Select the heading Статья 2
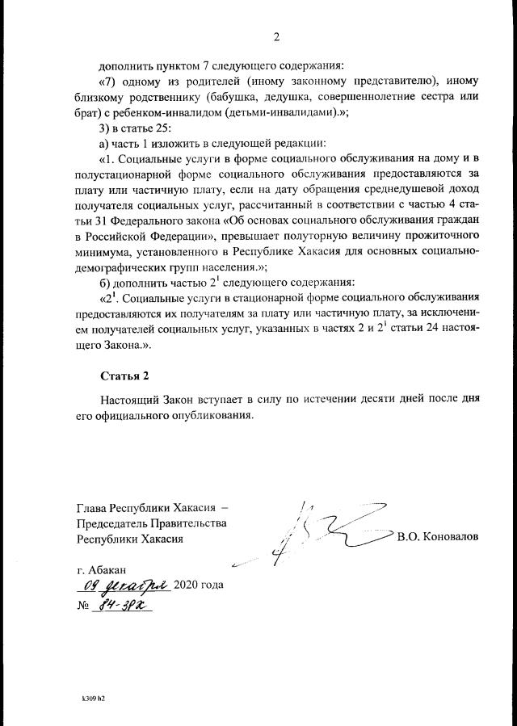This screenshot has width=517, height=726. point(124,376)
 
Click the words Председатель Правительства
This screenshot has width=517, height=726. point(151,522)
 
